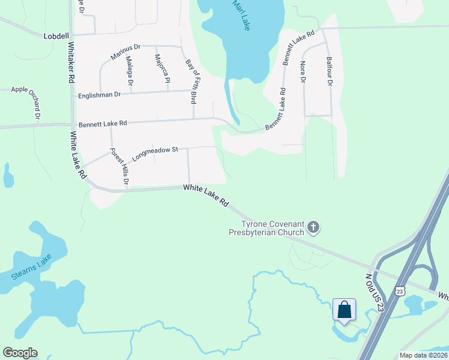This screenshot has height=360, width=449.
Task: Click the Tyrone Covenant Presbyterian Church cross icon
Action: tap(313, 227)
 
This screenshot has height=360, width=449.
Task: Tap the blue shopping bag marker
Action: tap(344, 310)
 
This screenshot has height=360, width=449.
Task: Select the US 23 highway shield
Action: tap(399, 290)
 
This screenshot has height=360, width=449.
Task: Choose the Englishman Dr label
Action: tap(100, 95)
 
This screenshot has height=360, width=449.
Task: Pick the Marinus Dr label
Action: tap(125, 52)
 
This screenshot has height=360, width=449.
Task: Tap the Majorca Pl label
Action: tap(162, 69)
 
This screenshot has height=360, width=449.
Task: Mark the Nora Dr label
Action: tap(303, 71)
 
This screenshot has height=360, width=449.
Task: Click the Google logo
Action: tap(20, 353)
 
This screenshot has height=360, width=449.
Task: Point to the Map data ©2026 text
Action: tap(423, 355)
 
